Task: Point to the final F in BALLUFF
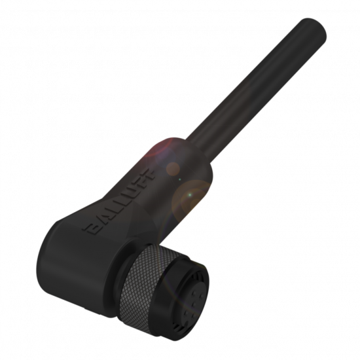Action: pyautogui.click(x=147, y=176)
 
